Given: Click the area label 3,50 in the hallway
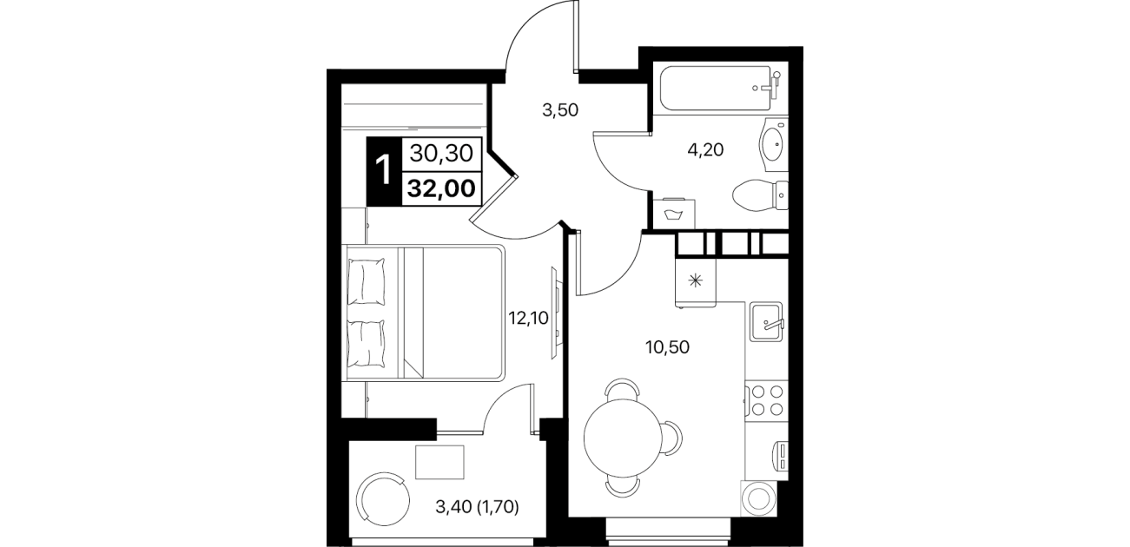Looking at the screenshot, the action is tap(560, 110).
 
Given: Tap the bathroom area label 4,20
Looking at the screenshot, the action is tap(706, 149).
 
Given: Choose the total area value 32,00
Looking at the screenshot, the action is tap(441, 188).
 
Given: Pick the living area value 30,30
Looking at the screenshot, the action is tap(441, 153).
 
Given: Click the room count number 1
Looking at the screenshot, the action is tap(383, 170).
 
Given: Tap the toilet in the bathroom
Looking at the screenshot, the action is tap(760, 195).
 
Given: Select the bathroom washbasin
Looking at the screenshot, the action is tap(773, 145).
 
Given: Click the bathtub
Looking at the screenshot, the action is tap(720, 89).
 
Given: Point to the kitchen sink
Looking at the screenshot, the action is tap(766, 321).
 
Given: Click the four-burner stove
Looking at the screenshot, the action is tap(766, 400).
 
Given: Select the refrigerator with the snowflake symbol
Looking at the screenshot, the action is tap(696, 281).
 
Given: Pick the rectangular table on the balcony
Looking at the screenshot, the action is tap(439, 462).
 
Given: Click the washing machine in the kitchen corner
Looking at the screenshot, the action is tap(758, 498).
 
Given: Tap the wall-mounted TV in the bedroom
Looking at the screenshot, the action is tap(555, 313).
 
